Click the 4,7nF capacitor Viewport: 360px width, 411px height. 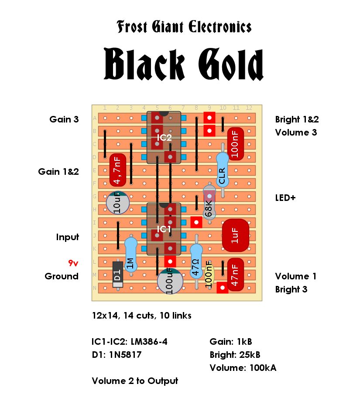pyautogui.click(x=118, y=170)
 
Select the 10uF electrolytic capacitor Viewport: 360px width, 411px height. pyautogui.click(x=118, y=203)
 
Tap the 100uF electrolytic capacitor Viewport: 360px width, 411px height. pyautogui.click(x=170, y=281)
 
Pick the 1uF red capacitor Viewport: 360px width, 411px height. pyautogui.click(x=235, y=235)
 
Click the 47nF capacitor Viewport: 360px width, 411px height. pyautogui.click(x=235, y=275)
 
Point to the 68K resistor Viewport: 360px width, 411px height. pyautogui.click(x=209, y=202)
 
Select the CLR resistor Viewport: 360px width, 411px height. pyautogui.click(x=223, y=170)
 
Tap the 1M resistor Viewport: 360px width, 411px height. pyautogui.click(x=130, y=255)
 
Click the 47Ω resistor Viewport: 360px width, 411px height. pyautogui.click(x=196, y=262)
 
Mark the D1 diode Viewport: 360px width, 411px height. pyautogui.click(x=118, y=275)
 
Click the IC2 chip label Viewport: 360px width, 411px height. pyautogui.click(x=164, y=138)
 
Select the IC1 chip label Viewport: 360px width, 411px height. pyautogui.click(x=164, y=229)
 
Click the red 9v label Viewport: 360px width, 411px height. pyautogui.click(x=73, y=263)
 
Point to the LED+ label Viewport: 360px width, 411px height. pyautogui.click(x=285, y=197)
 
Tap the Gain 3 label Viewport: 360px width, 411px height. pyautogui.click(x=64, y=119)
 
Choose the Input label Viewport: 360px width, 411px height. pyautogui.click(x=68, y=237)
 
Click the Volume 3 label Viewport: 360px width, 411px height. pyautogui.click(x=296, y=132)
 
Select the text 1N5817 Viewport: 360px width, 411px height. pyautogui.click(x=125, y=355)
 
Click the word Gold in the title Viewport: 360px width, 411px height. pyautogui.click(x=231, y=65)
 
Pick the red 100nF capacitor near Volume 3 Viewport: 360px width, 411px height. pyautogui.click(x=235, y=144)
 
